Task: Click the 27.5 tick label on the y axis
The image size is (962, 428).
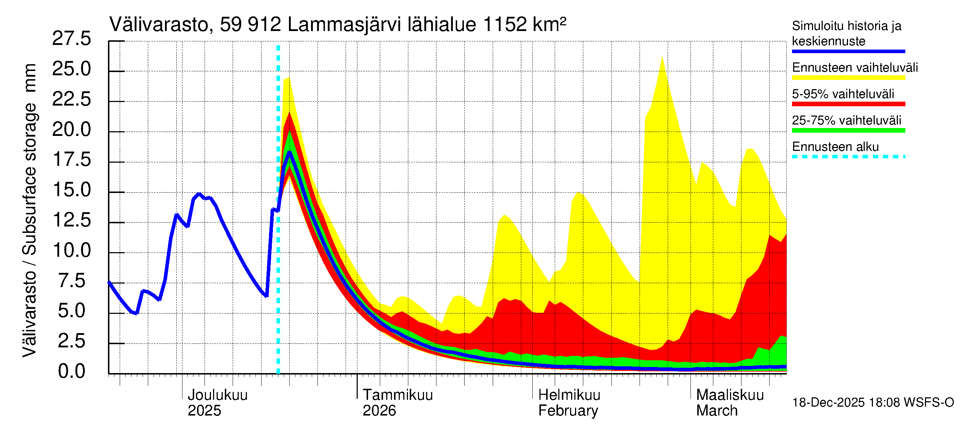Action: [x=71, y=39]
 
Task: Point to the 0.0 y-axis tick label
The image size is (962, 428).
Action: [x=71, y=372]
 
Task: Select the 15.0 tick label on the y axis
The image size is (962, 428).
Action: [x=71, y=190]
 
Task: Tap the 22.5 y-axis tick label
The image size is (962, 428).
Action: [x=71, y=100]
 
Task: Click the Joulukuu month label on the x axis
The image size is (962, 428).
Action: [x=217, y=395]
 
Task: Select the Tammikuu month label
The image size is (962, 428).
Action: [x=397, y=395]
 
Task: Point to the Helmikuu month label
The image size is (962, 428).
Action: [x=569, y=395]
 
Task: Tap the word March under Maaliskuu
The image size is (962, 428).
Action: [x=717, y=411]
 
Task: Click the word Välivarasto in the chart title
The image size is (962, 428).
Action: [x=159, y=25]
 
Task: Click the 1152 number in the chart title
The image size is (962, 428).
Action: [x=505, y=25]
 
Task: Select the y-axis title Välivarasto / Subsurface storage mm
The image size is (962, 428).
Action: [x=30, y=210]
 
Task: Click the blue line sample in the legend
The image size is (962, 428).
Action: [x=848, y=52]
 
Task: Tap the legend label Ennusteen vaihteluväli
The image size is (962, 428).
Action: [x=855, y=68]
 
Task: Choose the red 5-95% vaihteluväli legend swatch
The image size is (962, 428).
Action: [x=848, y=104]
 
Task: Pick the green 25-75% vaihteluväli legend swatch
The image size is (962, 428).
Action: [x=848, y=131]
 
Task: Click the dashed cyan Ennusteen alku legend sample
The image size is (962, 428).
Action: [x=848, y=157]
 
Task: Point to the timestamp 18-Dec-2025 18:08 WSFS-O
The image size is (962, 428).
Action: [x=873, y=403]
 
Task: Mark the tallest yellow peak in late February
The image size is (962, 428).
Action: [x=662, y=57]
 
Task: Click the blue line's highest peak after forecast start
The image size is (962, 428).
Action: [x=289, y=152]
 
